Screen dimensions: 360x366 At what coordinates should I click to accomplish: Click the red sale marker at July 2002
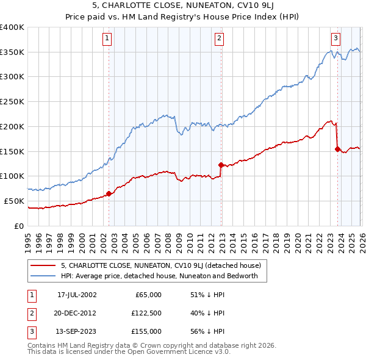click(109, 193)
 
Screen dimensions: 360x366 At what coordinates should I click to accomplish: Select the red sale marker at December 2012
click(221, 164)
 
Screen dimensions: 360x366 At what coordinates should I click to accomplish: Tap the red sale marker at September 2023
click(337, 148)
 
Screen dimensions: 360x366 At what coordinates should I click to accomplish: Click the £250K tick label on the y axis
click(12, 101)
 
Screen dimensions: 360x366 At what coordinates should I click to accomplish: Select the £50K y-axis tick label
click(15, 201)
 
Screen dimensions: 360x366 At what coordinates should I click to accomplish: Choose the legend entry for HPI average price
click(160, 276)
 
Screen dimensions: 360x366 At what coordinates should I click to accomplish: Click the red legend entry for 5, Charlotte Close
click(161, 265)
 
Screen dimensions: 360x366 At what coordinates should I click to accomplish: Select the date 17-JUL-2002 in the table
click(77, 295)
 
